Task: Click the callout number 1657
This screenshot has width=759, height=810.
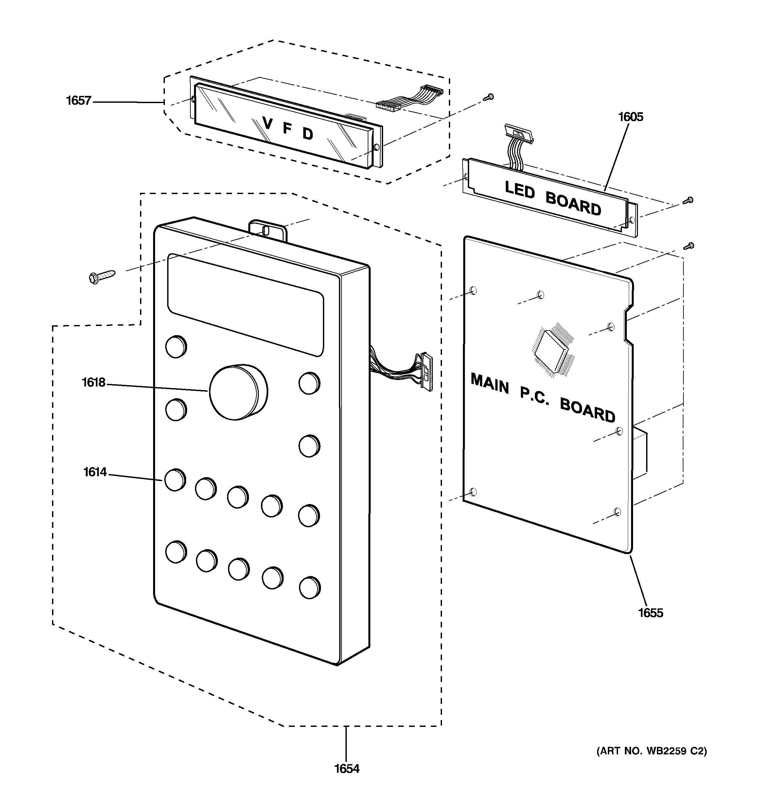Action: point(79,101)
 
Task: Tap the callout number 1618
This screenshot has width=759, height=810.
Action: point(94,383)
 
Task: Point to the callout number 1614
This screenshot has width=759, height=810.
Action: point(95,472)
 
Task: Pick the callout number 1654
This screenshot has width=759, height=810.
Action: point(347,769)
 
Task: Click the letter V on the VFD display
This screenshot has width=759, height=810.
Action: point(267,123)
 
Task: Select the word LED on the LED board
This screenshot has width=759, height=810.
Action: point(520,189)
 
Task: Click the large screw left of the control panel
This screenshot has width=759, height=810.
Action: point(102,276)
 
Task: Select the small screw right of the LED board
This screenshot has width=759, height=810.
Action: point(687,200)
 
